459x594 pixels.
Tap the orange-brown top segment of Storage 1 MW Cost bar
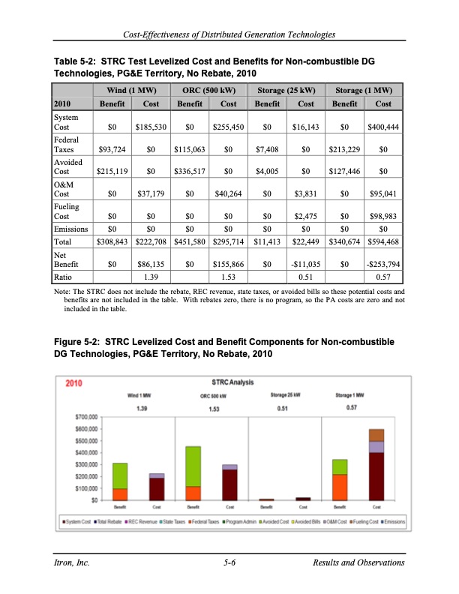coord(376,435)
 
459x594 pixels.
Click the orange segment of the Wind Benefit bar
coord(120,494)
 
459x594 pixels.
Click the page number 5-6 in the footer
coord(230,562)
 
